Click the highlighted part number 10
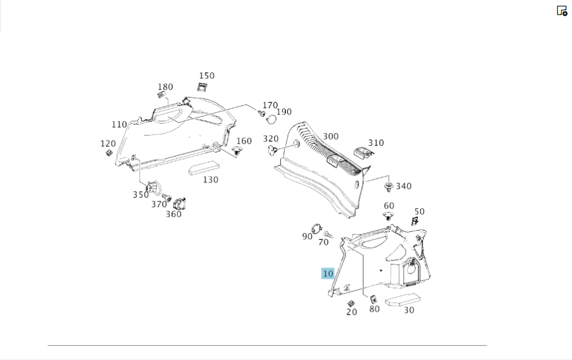click(328, 274)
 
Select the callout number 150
click(206, 76)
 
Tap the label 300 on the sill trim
click(331, 136)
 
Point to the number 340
click(403, 186)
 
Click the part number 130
click(210, 180)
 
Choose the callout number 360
click(174, 214)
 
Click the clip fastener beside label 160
click(237, 151)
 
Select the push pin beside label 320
click(272, 150)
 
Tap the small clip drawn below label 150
click(202, 87)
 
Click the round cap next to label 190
click(271, 119)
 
